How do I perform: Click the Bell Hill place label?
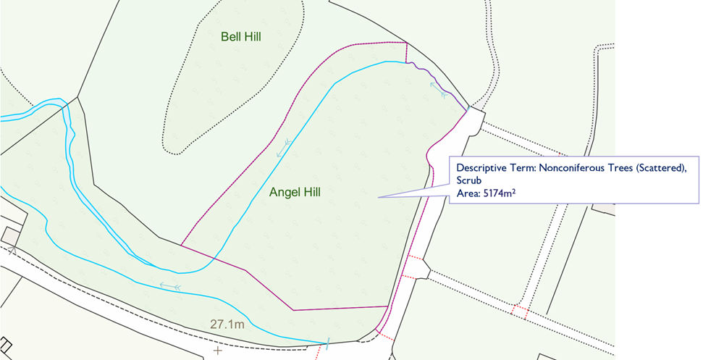pos(241,35)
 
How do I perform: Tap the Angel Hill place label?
pos(294,192)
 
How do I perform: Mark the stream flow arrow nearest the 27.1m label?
pos(170,287)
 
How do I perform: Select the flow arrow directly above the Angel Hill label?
pos(283,148)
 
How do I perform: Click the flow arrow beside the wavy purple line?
pos(437,88)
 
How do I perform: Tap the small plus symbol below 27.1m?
pos(217,351)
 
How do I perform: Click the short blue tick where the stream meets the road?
pos(328,343)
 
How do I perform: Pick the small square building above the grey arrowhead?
pos(10,235)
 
